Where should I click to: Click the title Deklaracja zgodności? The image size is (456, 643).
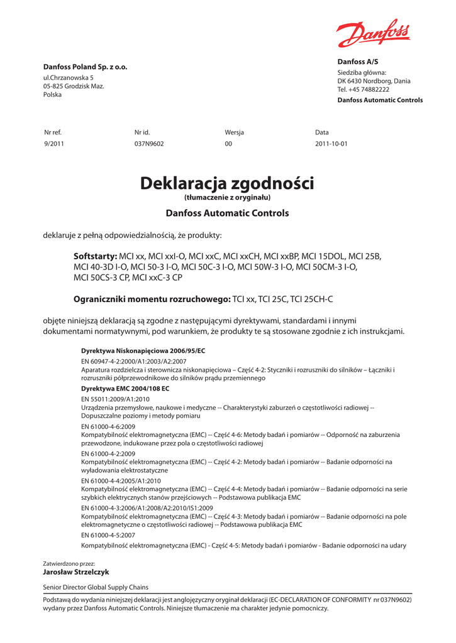pos(227,183)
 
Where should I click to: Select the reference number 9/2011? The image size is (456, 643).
pos(53,144)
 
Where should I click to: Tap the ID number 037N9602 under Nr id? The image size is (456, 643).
pos(149,144)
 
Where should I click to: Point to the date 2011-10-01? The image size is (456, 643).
pos(331,144)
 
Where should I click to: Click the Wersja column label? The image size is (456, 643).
pos(234,132)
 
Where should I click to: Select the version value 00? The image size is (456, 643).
pos(228,144)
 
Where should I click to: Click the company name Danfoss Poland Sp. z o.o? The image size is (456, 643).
pos(85,67)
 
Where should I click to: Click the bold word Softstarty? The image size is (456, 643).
pos(96,256)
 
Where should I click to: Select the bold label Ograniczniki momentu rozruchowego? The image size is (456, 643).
pos(152,299)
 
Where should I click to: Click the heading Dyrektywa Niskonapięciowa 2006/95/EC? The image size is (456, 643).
pos(143,350)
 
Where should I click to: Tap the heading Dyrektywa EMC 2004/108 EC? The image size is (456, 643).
pos(125,389)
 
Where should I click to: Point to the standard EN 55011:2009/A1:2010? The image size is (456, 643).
pos(116,399)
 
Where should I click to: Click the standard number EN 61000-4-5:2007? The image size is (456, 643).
pos(108,535)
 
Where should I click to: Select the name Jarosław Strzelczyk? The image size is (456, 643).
pos(75,572)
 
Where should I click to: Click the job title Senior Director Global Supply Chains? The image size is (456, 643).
pos(96,587)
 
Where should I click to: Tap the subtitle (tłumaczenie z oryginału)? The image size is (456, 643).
pos(227,198)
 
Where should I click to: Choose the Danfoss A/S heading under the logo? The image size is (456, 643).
pos(358,62)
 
